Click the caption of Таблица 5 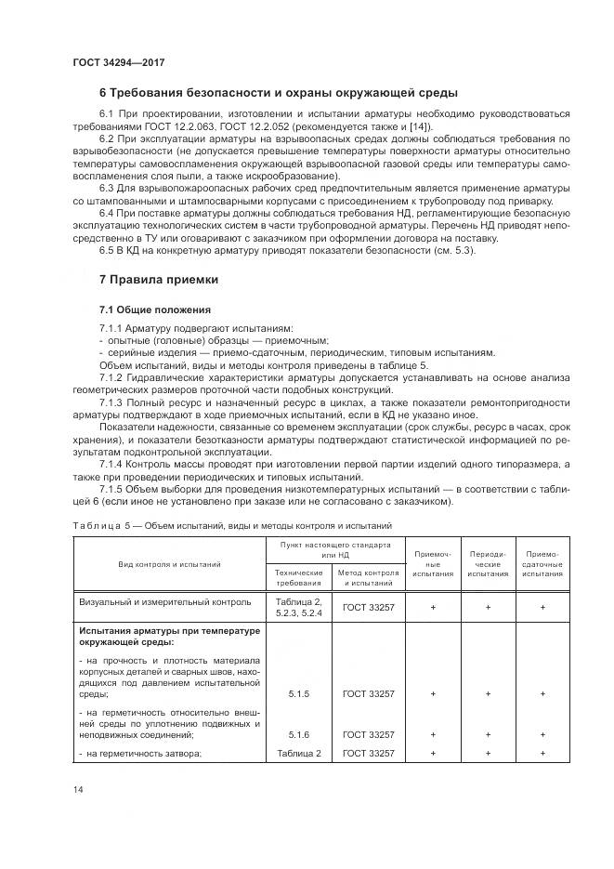[232, 525]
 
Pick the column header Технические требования [298, 578]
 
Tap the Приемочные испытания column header [432, 563]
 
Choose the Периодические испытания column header [488, 563]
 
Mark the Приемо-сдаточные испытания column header [542, 563]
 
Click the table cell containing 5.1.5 [298, 693]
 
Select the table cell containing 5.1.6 [298, 734]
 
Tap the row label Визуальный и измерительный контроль [164, 602]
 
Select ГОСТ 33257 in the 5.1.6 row [368, 734]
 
